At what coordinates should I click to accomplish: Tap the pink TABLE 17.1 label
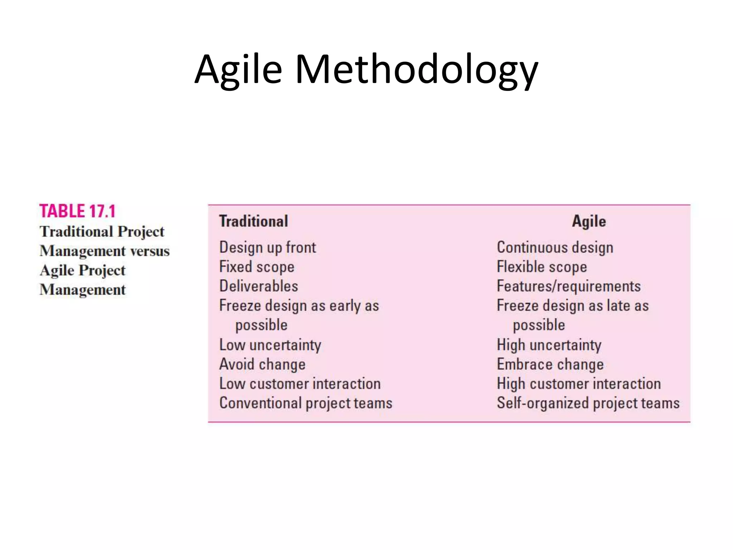click(77, 211)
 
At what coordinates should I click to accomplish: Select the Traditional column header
click(253, 221)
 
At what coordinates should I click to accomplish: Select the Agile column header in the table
click(589, 221)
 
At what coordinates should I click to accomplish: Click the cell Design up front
click(267, 247)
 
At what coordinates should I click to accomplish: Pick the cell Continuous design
click(555, 247)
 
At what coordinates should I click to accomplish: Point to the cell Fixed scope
click(257, 267)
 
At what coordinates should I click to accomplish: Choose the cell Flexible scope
click(542, 267)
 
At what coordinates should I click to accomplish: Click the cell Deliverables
click(258, 286)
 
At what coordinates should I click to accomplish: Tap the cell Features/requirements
click(568, 286)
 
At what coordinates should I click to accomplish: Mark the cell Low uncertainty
click(270, 345)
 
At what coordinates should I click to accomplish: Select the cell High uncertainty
click(549, 345)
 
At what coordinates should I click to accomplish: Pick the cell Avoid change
click(262, 364)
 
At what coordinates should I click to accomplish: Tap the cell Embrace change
click(550, 364)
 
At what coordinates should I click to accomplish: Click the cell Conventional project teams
click(306, 403)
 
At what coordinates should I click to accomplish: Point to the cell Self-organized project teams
click(588, 403)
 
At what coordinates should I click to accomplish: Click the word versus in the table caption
click(150, 251)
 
